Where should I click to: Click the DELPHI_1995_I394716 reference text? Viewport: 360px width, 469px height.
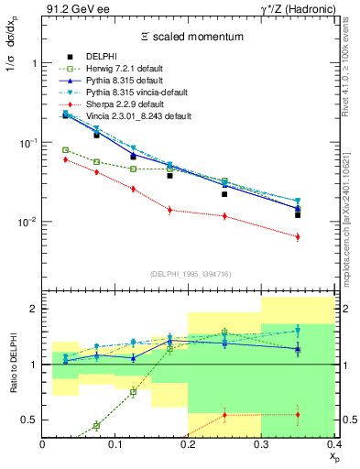[x=188, y=274]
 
